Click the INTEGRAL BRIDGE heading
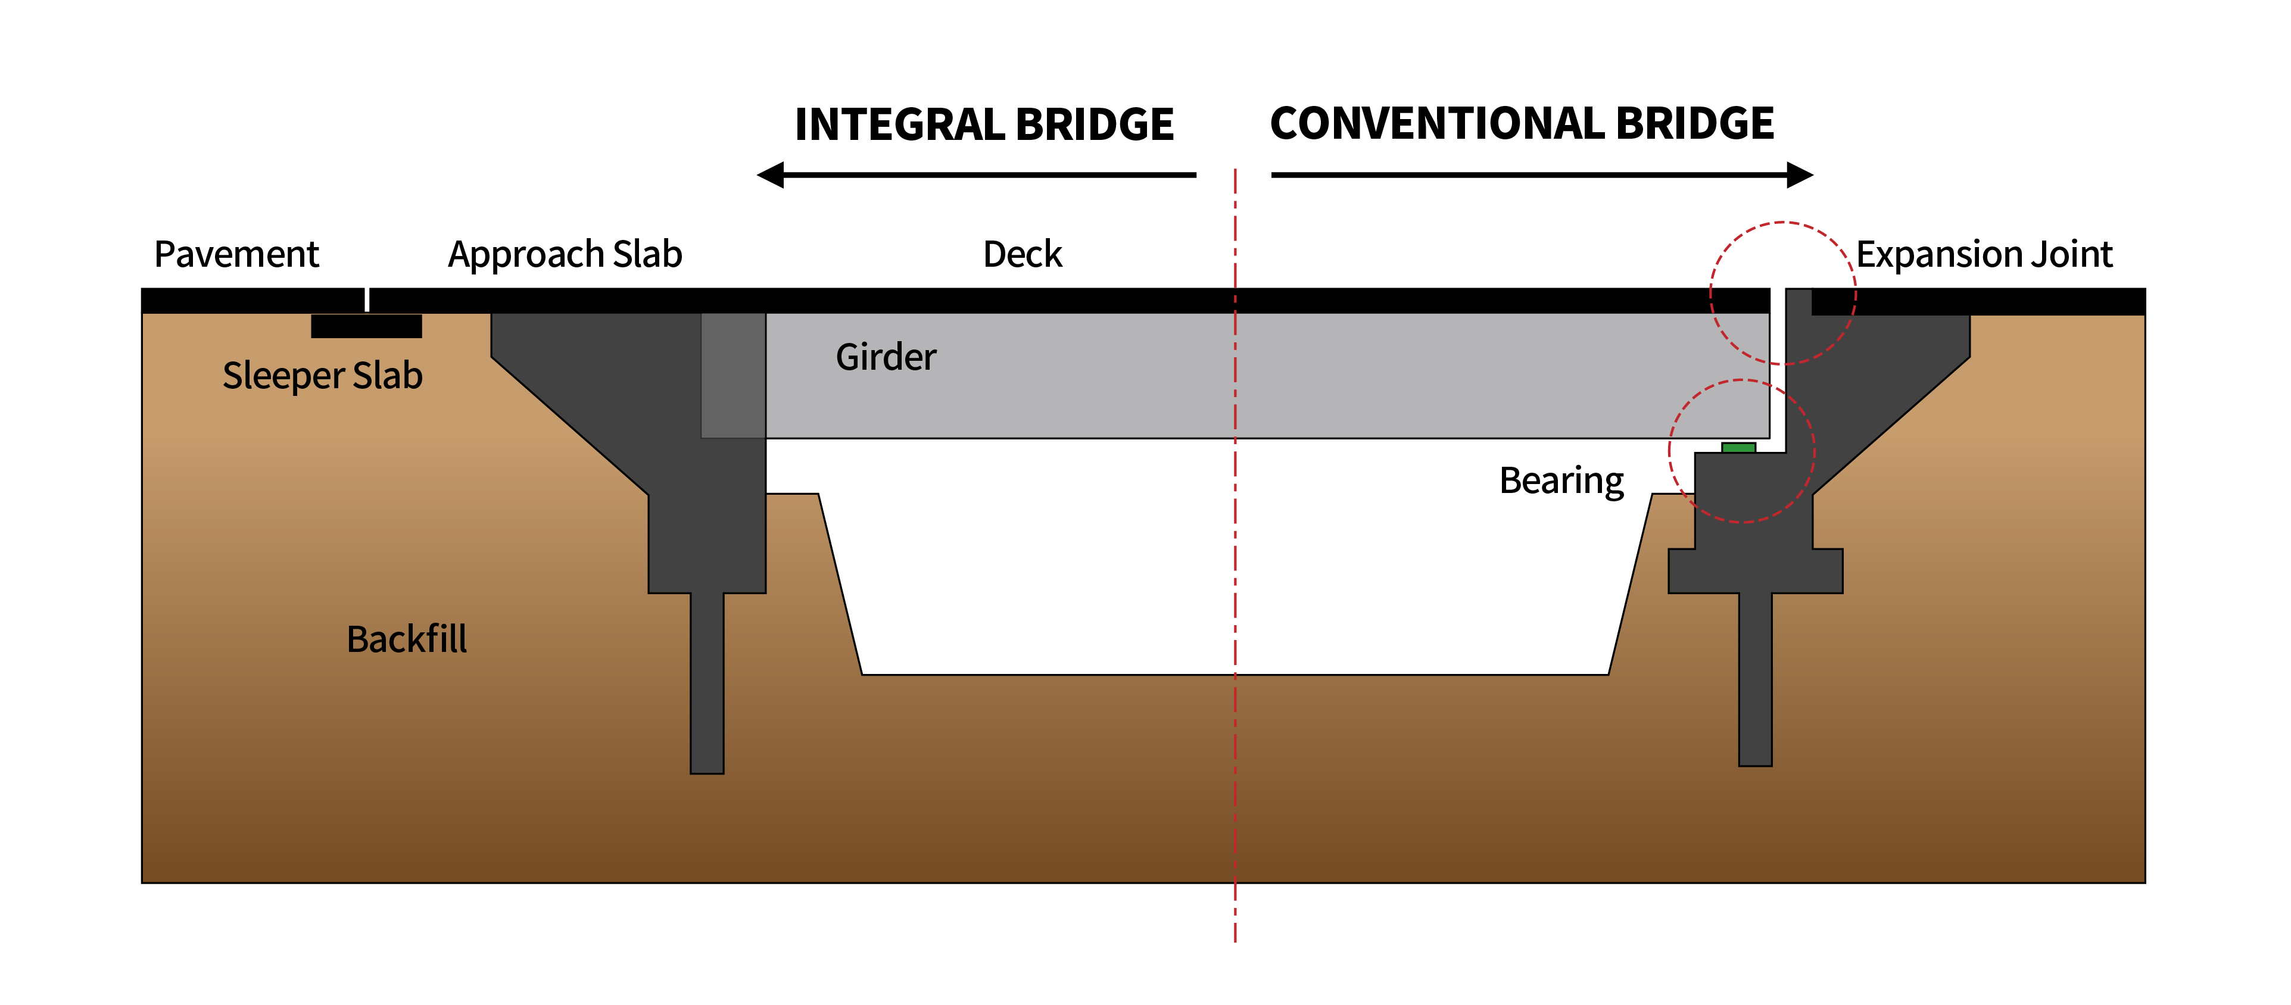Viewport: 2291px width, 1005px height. coord(984,124)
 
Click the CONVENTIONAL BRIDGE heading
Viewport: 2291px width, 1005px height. coord(1521,124)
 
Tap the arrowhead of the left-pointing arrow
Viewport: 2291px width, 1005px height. coord(770,175)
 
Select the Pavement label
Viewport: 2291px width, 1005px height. coord(236,254)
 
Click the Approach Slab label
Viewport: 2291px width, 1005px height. coord(565,254)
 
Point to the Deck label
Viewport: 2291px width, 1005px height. coord(1022,254)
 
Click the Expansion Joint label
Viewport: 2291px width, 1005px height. coord(1983,254)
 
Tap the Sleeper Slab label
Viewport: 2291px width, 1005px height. coord(322,375)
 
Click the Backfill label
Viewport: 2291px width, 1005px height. coord(406,639)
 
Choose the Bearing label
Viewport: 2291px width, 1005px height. coord(1561,481)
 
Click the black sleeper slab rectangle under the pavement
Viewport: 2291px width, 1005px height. coord(366,326)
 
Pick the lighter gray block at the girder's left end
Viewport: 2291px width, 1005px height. coord(733,374)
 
